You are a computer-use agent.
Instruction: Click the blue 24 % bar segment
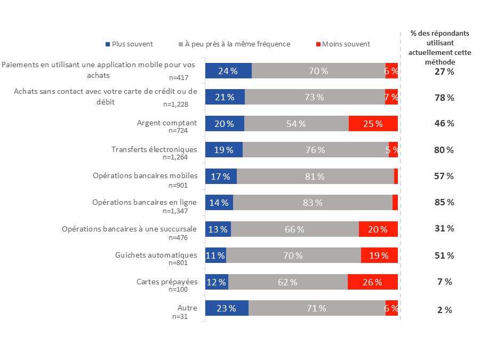tap(228, 71)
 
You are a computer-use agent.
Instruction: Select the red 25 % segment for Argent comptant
tap(373, 124)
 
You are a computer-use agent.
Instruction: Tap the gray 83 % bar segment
tap(313, 203)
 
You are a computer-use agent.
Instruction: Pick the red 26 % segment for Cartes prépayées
tap(372, 282)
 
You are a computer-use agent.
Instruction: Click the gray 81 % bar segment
tap(315, 177)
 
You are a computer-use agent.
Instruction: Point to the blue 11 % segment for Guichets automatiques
tap(215, 255)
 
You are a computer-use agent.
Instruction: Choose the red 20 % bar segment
tap(378, 229)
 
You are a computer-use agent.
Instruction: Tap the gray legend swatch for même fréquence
tap(181, 44)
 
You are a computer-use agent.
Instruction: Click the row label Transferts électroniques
tap(154, 149)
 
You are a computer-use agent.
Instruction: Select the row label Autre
tap(187, 308)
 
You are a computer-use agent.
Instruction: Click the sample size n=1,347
tap(178, 211)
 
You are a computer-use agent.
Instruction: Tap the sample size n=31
tap(180, 317)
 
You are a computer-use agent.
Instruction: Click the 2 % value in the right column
tap(444, 310)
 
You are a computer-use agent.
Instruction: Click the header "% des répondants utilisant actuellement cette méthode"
tap(439, 47)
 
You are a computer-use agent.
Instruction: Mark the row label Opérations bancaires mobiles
tap(145, 176)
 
